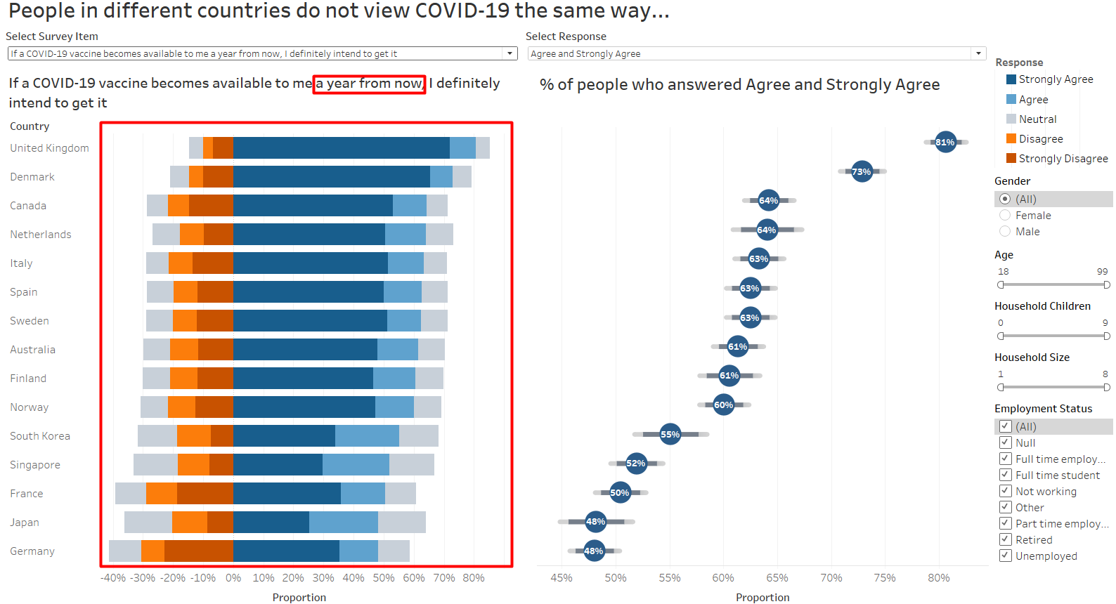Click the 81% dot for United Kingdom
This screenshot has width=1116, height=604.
point(945,142)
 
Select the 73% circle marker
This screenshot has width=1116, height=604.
point(862,171)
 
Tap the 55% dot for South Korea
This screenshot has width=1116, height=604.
point(670,434)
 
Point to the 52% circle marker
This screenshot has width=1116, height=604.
point(636,463)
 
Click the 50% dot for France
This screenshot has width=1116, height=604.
point(620,492)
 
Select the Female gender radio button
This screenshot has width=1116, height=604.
point(1005,215)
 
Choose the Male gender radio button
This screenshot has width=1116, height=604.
point(1005,231)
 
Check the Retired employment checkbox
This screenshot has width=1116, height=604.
point(1005,539)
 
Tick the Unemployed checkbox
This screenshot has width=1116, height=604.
point(1005,556)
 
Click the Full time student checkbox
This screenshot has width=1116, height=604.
point(1005,475)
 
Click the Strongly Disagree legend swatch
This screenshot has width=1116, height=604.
point(1011,158)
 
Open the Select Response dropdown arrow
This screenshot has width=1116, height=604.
point(978,53)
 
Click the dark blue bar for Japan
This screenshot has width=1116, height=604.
point(271,522)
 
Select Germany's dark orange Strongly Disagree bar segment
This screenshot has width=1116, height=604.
point(199,551)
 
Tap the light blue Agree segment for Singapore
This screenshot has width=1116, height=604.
point(356,464)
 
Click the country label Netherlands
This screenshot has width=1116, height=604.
point(41,235)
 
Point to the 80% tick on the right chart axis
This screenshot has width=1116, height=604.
point(939,577)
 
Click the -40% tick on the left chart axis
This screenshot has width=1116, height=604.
point(113,577)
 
